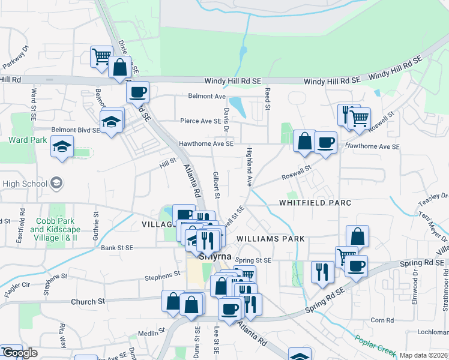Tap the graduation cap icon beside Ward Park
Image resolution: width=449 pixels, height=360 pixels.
[x=62, y=147]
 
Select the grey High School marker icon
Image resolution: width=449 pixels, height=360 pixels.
[x=56, y=182]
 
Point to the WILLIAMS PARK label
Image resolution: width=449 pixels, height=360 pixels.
[x=271, y=238]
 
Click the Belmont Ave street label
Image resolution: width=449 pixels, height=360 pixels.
[x=206, y=96]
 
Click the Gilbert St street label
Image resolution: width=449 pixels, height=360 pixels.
[x=215, y=185]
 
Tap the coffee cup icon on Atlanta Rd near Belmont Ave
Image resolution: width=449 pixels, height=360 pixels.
[x=138, y=92]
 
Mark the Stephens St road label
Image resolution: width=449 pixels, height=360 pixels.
[x=163, y=274]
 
